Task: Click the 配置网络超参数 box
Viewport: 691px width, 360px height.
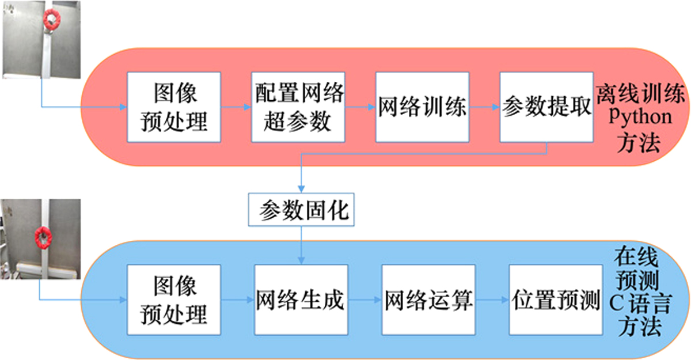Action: (298, 107)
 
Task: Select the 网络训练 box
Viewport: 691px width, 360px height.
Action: (422, 107)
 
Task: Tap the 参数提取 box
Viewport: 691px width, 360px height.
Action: (546, 107)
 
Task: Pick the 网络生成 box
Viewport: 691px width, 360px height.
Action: (301, 300)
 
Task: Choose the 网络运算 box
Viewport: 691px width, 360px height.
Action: (428, 300)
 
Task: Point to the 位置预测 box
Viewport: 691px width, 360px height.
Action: (555, 300)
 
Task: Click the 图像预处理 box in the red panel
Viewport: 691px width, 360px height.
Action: (174, 107)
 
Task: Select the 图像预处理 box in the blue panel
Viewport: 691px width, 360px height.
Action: (174, 300)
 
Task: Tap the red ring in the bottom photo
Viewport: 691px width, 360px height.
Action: (42, 236)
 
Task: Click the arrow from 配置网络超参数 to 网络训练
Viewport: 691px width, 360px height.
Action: (360, 107)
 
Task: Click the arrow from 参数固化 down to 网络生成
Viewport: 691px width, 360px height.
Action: (301, 246)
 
